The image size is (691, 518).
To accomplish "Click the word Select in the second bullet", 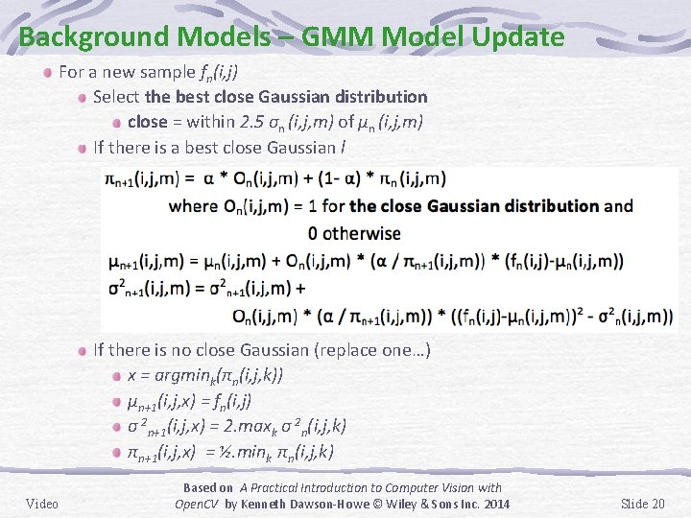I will click(116, 97).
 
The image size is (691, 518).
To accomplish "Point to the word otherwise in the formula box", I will click(362, 233).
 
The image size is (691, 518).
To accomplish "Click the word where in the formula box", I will click(193, 205).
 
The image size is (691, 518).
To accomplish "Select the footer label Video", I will click(42, 504).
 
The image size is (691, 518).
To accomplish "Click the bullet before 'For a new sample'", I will click(47, 72).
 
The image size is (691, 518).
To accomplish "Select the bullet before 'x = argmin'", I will click(116, 376).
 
